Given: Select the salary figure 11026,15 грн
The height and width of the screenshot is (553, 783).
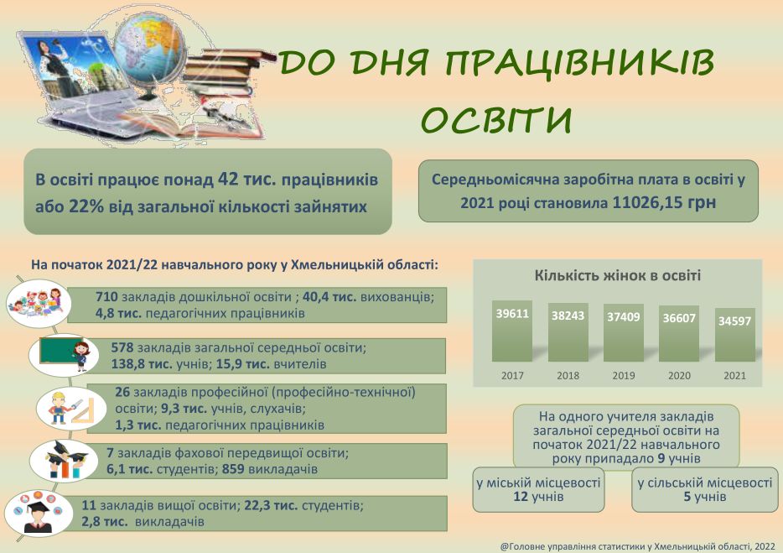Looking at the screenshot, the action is click(664, 202).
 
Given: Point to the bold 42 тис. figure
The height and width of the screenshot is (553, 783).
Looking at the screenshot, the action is click(247, 179).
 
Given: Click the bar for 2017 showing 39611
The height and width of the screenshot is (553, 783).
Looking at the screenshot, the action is click(512, 331).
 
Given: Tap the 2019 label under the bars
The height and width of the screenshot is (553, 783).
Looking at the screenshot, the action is click(623, 375).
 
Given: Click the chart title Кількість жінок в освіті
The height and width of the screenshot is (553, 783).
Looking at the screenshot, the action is click(618, 275).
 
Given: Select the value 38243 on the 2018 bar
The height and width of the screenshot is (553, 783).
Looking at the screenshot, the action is click(568, 316).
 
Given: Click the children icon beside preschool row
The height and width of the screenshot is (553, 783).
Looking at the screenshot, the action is click(39, 304).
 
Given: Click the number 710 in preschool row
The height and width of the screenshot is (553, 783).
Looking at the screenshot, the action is click(106, 297).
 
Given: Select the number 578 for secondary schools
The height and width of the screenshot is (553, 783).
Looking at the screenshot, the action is click(122, 347).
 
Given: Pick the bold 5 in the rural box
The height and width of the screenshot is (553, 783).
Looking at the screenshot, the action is click(687, 497).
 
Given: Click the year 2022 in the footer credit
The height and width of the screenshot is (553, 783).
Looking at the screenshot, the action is click(765, 546).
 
